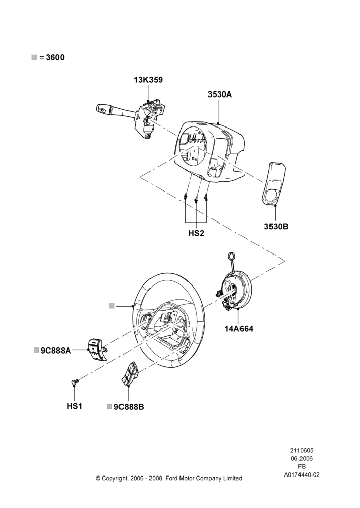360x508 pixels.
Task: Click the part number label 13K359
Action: tap(148, 80)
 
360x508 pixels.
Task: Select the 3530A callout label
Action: tap(220, 94)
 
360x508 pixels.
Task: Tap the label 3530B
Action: tap(276, 226)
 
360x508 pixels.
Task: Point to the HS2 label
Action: tap(196, 233)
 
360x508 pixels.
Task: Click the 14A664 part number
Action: tap(238, 329)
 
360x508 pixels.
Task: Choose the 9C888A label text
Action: tap(56, 350)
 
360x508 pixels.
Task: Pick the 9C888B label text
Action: tap(129, 407)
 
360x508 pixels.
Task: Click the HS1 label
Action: tap(74, 406)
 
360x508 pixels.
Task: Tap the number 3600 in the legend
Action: tap(55, 57)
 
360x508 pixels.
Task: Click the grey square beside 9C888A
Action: tap(36, 350)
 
